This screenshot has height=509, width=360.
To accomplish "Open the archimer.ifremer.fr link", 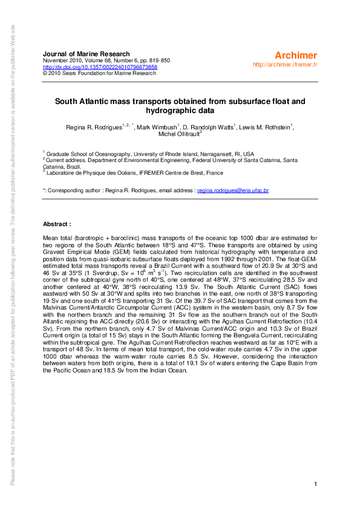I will pos(285,64).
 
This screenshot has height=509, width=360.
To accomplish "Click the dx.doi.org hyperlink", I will pos(100,67).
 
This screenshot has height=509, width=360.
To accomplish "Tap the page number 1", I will pos(316,484).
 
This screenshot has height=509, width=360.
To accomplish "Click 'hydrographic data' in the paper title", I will pos(180,111).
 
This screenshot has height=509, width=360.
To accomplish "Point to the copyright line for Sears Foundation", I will pos(99,73).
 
